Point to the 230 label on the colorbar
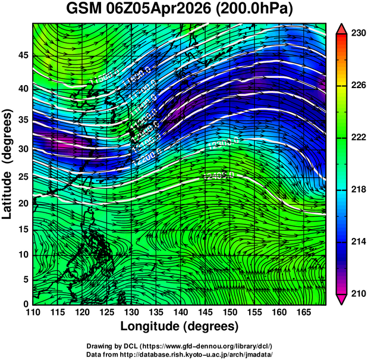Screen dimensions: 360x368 (358, 34)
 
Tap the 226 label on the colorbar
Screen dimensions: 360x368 (358, 86)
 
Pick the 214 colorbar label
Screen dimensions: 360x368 (358, 242)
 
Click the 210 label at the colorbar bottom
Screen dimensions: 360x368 (358, 293)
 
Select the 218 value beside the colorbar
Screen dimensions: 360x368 (358, 190)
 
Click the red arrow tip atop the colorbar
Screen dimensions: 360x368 (341, 29)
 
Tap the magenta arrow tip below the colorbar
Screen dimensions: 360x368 (341, 299)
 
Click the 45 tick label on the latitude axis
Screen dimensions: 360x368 (23, 56)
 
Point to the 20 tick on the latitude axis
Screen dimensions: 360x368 (23, 203)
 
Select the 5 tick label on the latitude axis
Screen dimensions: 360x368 (26, 278)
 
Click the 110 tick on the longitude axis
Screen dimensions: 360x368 (33, 312)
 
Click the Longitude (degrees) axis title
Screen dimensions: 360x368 (180, 326)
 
